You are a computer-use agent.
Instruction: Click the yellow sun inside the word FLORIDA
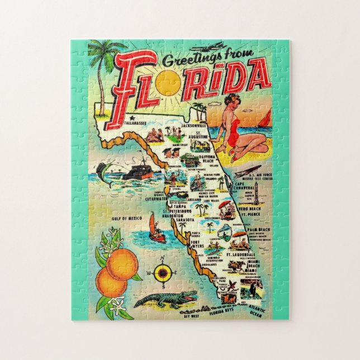pos(168,83)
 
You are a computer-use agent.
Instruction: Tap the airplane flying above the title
pos(216,47)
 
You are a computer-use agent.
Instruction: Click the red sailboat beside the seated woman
pos(265,119)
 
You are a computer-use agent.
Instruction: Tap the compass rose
pos(163,273)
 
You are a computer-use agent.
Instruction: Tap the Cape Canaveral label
pos(246,186)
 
